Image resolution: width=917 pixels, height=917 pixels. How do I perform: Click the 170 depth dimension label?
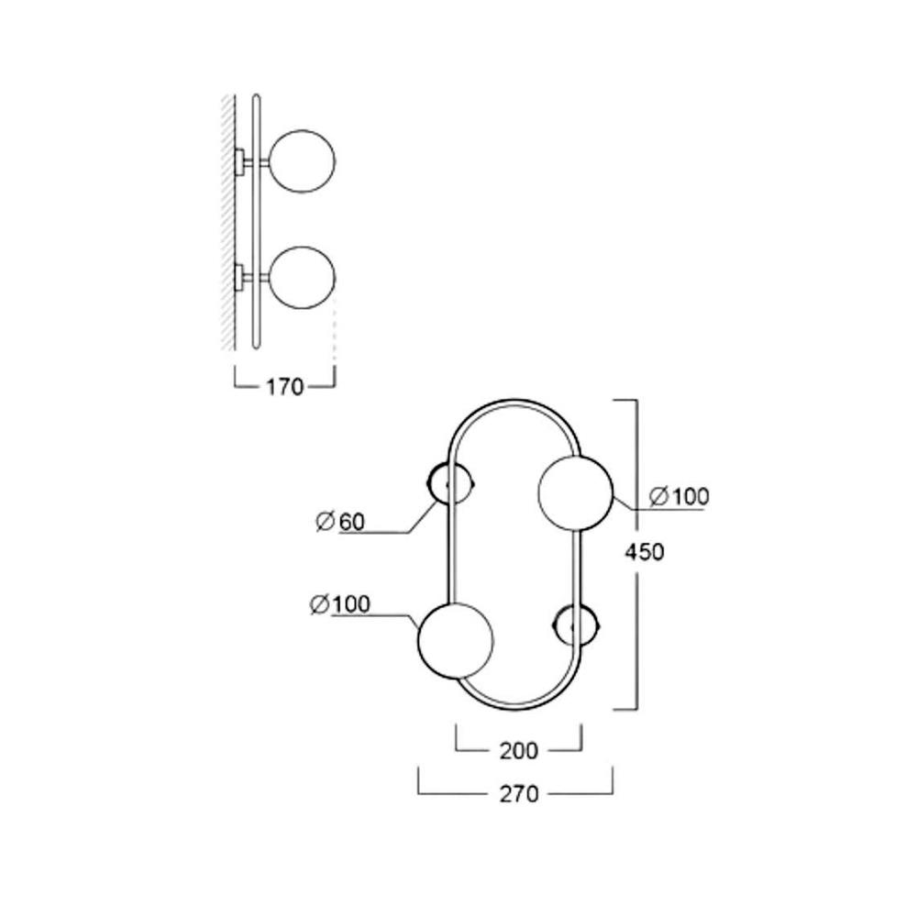click(284, 387)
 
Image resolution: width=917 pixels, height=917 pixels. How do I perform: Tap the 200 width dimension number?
click(519, 750)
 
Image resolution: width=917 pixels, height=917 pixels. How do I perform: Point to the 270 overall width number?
click(519, 794)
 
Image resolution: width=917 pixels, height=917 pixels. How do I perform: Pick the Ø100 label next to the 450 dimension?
click(679, 497)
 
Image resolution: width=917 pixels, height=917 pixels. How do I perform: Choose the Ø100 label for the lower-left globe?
click(339, 604)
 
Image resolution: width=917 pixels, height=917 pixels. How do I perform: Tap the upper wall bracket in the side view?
click(239, 162)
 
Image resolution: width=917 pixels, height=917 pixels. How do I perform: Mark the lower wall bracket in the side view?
click(239, 275)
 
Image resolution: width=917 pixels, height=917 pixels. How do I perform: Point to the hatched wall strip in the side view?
click(226, 220)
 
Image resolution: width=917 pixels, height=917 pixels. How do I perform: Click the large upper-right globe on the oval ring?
click(575, 492)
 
